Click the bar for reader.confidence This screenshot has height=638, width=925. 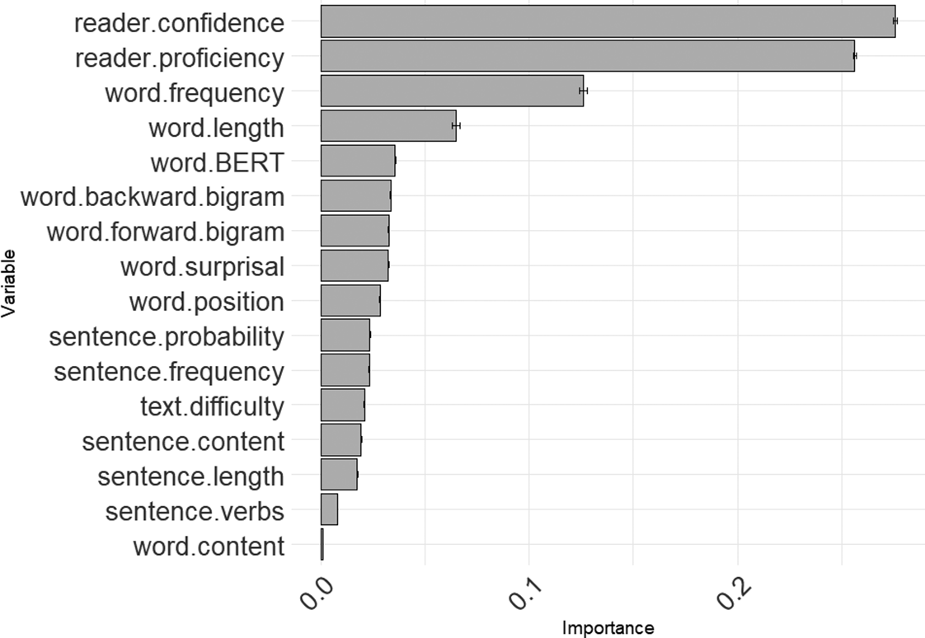coord(608,21)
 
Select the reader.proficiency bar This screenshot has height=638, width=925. coord(587,56)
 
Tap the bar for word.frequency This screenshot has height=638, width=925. coord(452,91)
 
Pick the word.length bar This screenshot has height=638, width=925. coord(387,125)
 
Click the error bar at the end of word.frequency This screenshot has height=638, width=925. coord(583,91)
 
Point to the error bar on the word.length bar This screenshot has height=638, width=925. coord(456,125)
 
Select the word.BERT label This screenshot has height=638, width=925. coord(217,163)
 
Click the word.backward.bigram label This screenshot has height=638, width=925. coord(153,198)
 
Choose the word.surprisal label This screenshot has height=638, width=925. coord(202,267)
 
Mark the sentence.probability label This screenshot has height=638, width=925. coord(167,337)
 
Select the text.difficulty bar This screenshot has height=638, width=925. coord(342,405)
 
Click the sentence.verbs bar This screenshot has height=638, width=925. coord(329,509)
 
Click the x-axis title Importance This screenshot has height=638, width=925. coord(608,628)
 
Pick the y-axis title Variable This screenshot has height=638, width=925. coord(9,283)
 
